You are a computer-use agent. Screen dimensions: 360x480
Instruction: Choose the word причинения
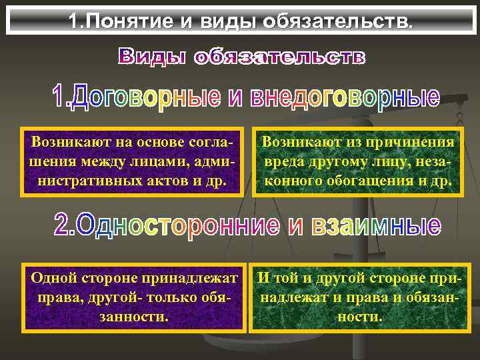click(x=413, y=142)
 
